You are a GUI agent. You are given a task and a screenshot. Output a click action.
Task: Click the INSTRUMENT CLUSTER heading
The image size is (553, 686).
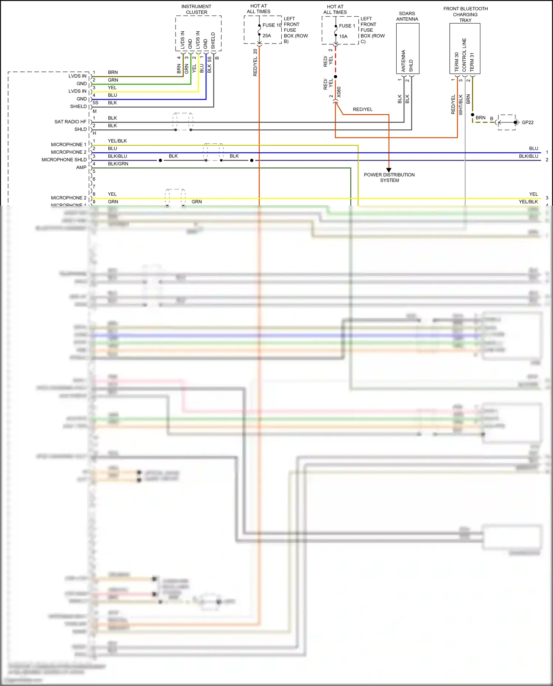tap(196, 9)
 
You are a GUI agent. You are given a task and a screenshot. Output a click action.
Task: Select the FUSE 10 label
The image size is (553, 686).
tap(272, 25)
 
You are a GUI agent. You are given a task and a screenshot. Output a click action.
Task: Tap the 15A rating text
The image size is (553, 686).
tap(343, 36)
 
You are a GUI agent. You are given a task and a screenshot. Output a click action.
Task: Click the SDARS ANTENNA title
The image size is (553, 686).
tap(407, 16)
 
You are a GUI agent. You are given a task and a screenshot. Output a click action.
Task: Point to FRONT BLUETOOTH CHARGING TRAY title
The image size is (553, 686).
tap(465, 14)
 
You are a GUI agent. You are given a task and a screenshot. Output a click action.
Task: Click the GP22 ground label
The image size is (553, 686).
tap(528, 122)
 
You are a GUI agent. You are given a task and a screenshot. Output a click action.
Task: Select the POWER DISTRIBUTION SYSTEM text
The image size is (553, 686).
tap(389, 177)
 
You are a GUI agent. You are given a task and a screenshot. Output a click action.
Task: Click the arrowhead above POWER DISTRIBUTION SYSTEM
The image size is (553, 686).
tap(389, 170)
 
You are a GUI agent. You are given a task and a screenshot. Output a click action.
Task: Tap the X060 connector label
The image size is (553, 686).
tap(339, 92)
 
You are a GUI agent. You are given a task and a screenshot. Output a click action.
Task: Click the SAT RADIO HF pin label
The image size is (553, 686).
tap(70, 122)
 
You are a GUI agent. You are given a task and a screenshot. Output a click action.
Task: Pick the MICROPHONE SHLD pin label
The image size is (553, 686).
tap(64, 160)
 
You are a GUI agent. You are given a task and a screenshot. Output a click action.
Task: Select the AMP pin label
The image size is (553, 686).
tap(81, 167)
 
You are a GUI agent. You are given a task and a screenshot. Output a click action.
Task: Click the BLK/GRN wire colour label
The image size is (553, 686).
tap(118, 164)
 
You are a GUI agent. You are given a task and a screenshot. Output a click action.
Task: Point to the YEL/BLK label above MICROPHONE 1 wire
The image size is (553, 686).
tap(117, 141)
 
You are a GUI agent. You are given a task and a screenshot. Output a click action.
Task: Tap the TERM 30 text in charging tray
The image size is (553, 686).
tap(456, 62)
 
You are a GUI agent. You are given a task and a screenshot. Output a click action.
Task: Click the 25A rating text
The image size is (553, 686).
tap(267, 36)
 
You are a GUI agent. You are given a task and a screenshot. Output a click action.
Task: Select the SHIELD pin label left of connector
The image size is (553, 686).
tap(78, 107)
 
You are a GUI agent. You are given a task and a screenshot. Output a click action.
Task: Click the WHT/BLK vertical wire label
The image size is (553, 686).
tap(460, 105)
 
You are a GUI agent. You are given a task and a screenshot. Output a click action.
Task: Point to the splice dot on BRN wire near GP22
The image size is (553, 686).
tap(473, 115)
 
